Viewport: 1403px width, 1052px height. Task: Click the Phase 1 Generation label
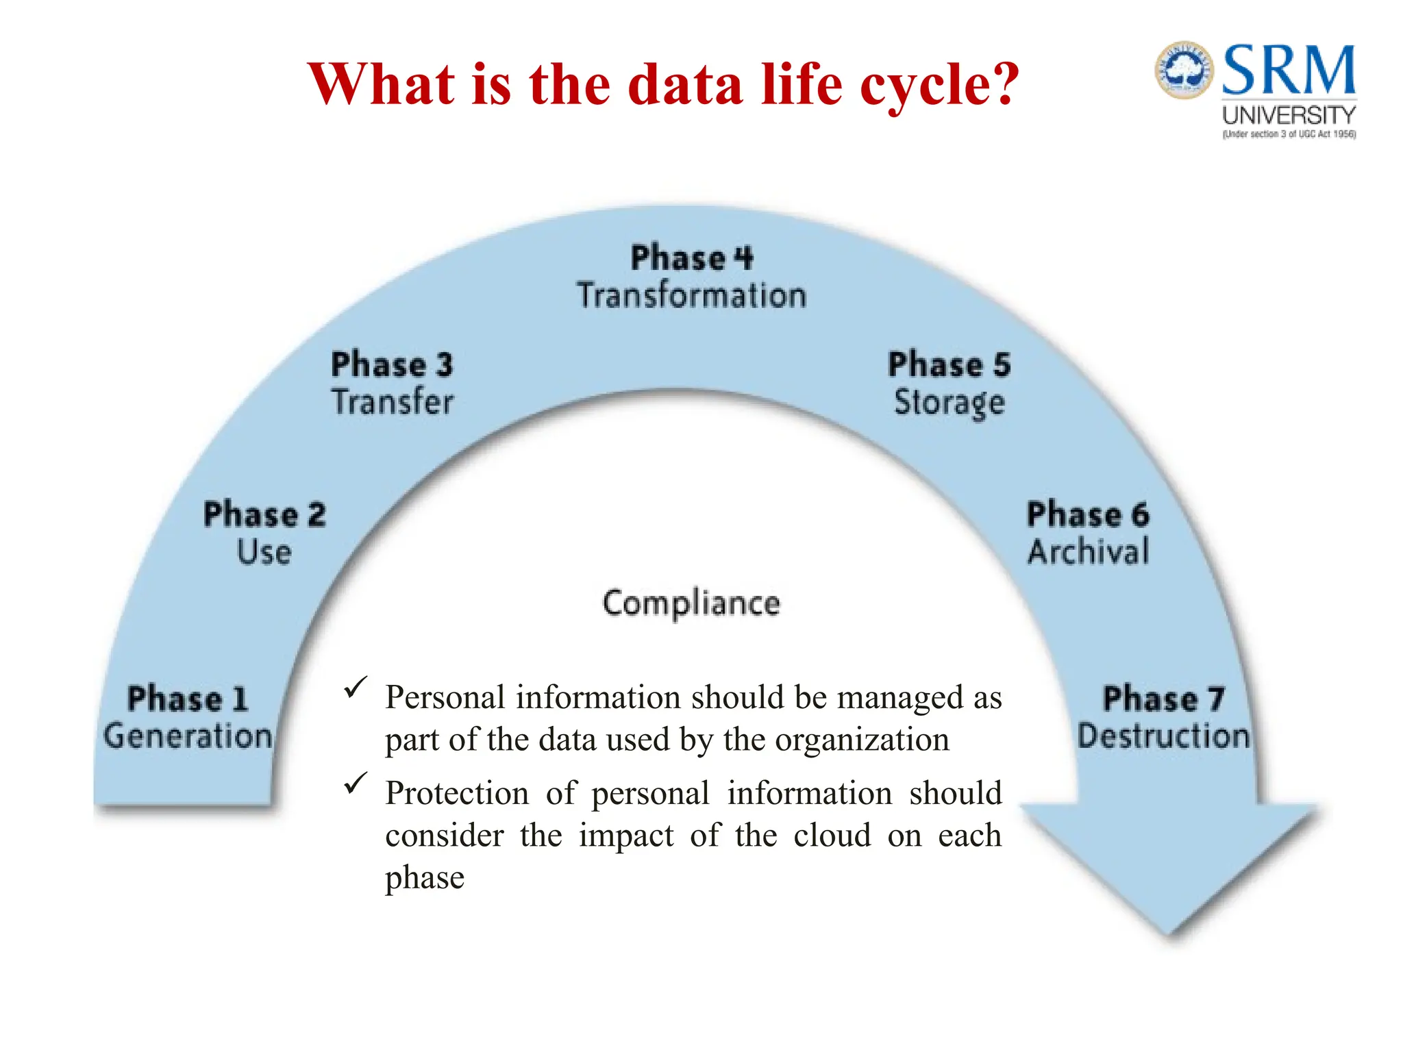(188, 718)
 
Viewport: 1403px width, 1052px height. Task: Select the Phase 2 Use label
(264, 533)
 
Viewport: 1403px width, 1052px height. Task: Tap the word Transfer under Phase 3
(393, 402)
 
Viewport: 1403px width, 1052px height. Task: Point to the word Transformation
(691, 296)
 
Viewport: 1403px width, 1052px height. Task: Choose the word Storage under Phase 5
(949, 403)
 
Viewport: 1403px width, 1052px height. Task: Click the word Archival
(1088, 552)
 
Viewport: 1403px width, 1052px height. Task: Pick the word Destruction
(1163, 736)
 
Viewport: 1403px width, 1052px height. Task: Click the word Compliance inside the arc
(691, 603)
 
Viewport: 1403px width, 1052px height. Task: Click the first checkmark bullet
(356, 688)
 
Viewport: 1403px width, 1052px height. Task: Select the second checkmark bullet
(356, 784)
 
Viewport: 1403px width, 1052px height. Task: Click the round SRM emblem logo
(1184, 70)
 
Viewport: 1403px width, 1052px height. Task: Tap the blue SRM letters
(1289, 70)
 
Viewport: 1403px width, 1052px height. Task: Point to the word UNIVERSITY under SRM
(1289, 115)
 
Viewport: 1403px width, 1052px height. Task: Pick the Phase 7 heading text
(1163, 699)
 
